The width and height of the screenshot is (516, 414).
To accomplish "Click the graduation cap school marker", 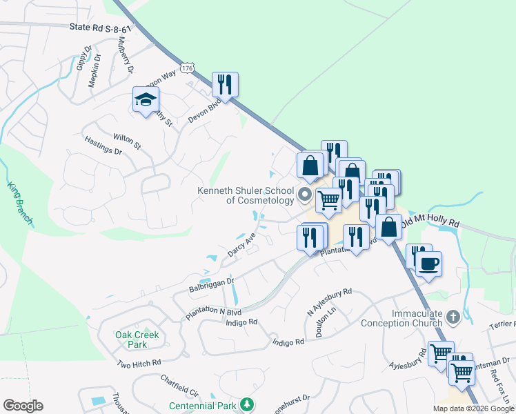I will tap(146, 101).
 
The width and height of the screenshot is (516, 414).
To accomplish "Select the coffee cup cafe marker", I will tap(428, 264).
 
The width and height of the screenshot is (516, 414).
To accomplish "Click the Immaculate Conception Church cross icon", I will tap(453, 317).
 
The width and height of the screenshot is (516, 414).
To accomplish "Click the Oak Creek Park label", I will tap(137, 339).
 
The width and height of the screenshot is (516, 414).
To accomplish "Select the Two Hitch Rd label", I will tap(138, 363).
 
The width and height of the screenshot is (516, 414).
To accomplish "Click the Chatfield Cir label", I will tap(179, 380).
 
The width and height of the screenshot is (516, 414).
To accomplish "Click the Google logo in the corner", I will tap(23, 406).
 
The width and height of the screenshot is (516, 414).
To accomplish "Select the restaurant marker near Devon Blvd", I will tap(225, 84).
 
